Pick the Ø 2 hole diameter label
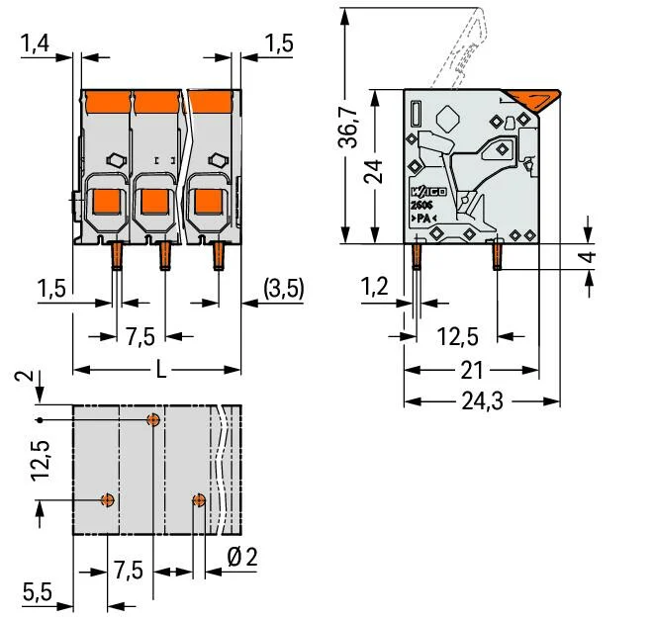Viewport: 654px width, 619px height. (x=241, y=557)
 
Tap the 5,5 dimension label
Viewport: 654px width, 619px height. (x=38, y=592)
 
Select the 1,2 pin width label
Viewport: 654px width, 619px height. (x=375, y=288)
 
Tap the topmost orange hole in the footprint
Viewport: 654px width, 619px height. (x=153, y=420)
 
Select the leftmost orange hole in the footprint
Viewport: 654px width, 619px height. (x=109, y=499)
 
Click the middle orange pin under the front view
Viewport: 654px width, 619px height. (x=164, y=256)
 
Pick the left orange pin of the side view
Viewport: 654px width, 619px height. (x=417, y=257)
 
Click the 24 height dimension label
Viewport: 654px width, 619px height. (x=373, y=172)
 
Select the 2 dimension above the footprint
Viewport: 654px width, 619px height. (x=29, y=378)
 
